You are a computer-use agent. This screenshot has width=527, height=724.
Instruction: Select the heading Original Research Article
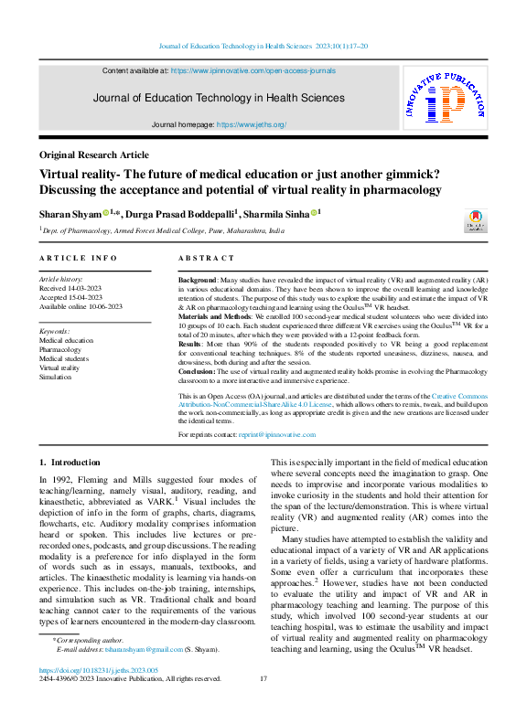93,155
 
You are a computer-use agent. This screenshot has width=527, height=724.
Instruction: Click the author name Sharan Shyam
70,213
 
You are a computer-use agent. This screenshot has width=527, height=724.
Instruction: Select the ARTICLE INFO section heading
78,259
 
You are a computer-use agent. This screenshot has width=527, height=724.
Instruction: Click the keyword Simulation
56,377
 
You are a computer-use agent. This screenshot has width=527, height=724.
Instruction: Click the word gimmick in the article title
382,174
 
